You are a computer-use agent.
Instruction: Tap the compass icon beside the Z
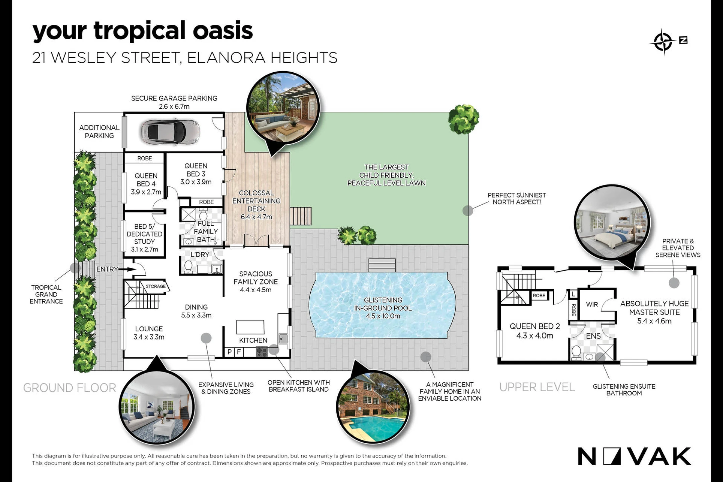tap(663, 42)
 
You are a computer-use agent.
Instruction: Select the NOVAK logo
tap(634, 456)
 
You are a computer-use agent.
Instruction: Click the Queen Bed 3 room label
tap(196, 174)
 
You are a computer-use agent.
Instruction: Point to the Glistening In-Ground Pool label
tap(383, 308)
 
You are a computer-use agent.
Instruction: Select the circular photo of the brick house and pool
tap(373, 406)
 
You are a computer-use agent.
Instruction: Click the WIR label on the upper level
tap(592, 305)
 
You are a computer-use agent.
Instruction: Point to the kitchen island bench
tap(250, 327)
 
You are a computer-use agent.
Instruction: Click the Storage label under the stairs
tap(156, 286)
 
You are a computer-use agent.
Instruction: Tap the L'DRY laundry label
tap(200, 255)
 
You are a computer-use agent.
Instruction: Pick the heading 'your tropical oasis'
tap(143, 31)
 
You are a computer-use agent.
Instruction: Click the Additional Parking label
tap(99, 132)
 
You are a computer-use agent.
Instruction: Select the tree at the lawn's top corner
tap(464, 119)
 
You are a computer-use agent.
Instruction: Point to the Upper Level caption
tap(537, 387)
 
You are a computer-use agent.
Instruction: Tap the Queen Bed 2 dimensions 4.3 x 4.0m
tap(535, 336)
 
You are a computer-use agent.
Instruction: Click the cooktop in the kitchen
tap(262, 352)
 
